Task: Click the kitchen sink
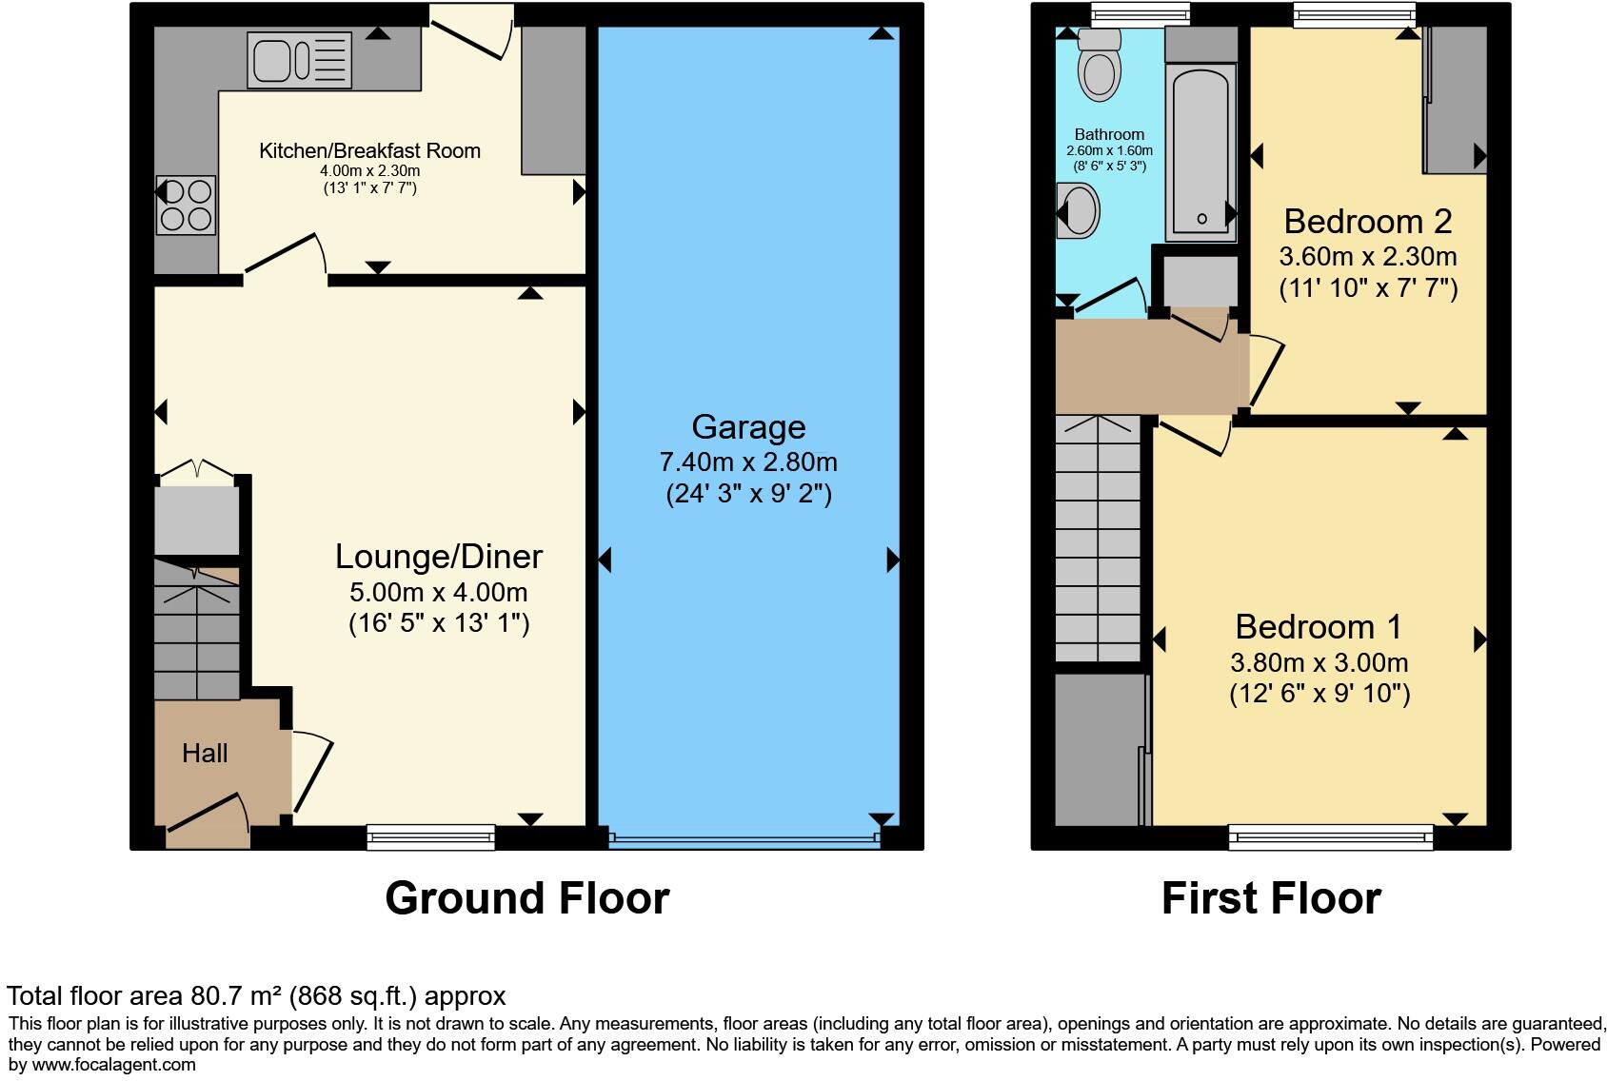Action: tap(300, 60)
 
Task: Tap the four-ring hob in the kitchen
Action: tap(186, 206)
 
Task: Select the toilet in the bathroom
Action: tap(1099, 65)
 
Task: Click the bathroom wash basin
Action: tap(1078, 211)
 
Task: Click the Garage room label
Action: tap(748, 427)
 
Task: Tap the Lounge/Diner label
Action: tap(438, 557)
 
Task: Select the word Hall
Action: tap(205, 754)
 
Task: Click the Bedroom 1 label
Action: tap(1319, 627)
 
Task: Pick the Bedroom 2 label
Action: tap(1368, 221)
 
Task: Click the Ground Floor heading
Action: tap(527, 898)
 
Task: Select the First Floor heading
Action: tap(1271, 898)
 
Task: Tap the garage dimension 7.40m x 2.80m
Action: tap(748, 462)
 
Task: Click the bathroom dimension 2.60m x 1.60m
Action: tap(1109, 150)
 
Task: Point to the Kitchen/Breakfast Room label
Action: tap(369, 150)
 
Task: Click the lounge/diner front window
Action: tap(430, 837)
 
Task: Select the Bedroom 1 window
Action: tap(1331, 837)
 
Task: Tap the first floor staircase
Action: tap(1098, 539)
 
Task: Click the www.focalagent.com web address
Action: tap(113, 1065)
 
